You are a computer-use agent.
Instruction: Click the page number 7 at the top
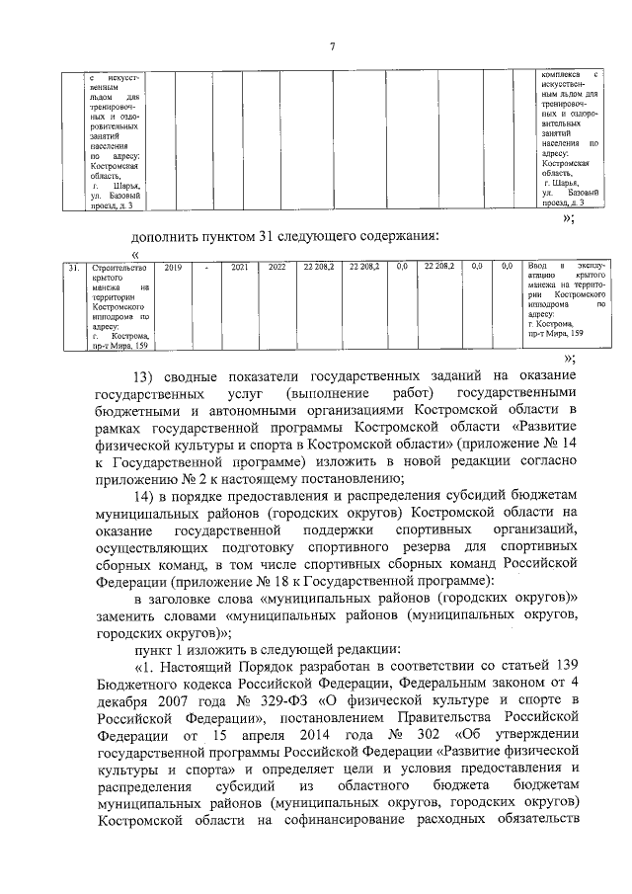click(x=332, y=46)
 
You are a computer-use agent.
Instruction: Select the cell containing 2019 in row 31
click(x=173, y=267)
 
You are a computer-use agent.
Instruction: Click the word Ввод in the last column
click(x=538, y=267)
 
